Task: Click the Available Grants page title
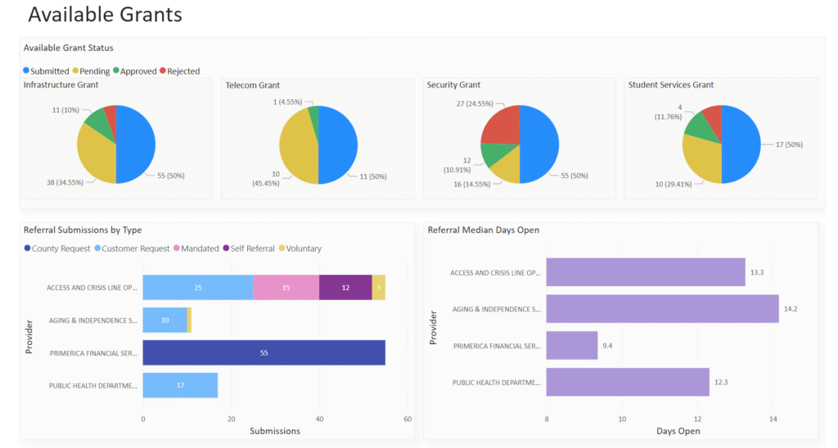point(105,15)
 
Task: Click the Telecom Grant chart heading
point(253,85)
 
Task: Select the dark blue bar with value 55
point(264,353)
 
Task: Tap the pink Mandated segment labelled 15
point(286,287)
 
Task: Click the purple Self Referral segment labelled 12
point(345,287)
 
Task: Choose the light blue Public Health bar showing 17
point(180,385)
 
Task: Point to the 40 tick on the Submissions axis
point(319,419)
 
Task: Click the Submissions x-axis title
point(275,431)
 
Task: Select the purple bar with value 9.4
point(571,345)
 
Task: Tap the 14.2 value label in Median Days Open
point(791,309)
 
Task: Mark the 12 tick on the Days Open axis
point(697,419)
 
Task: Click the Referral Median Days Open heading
point(484,230)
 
